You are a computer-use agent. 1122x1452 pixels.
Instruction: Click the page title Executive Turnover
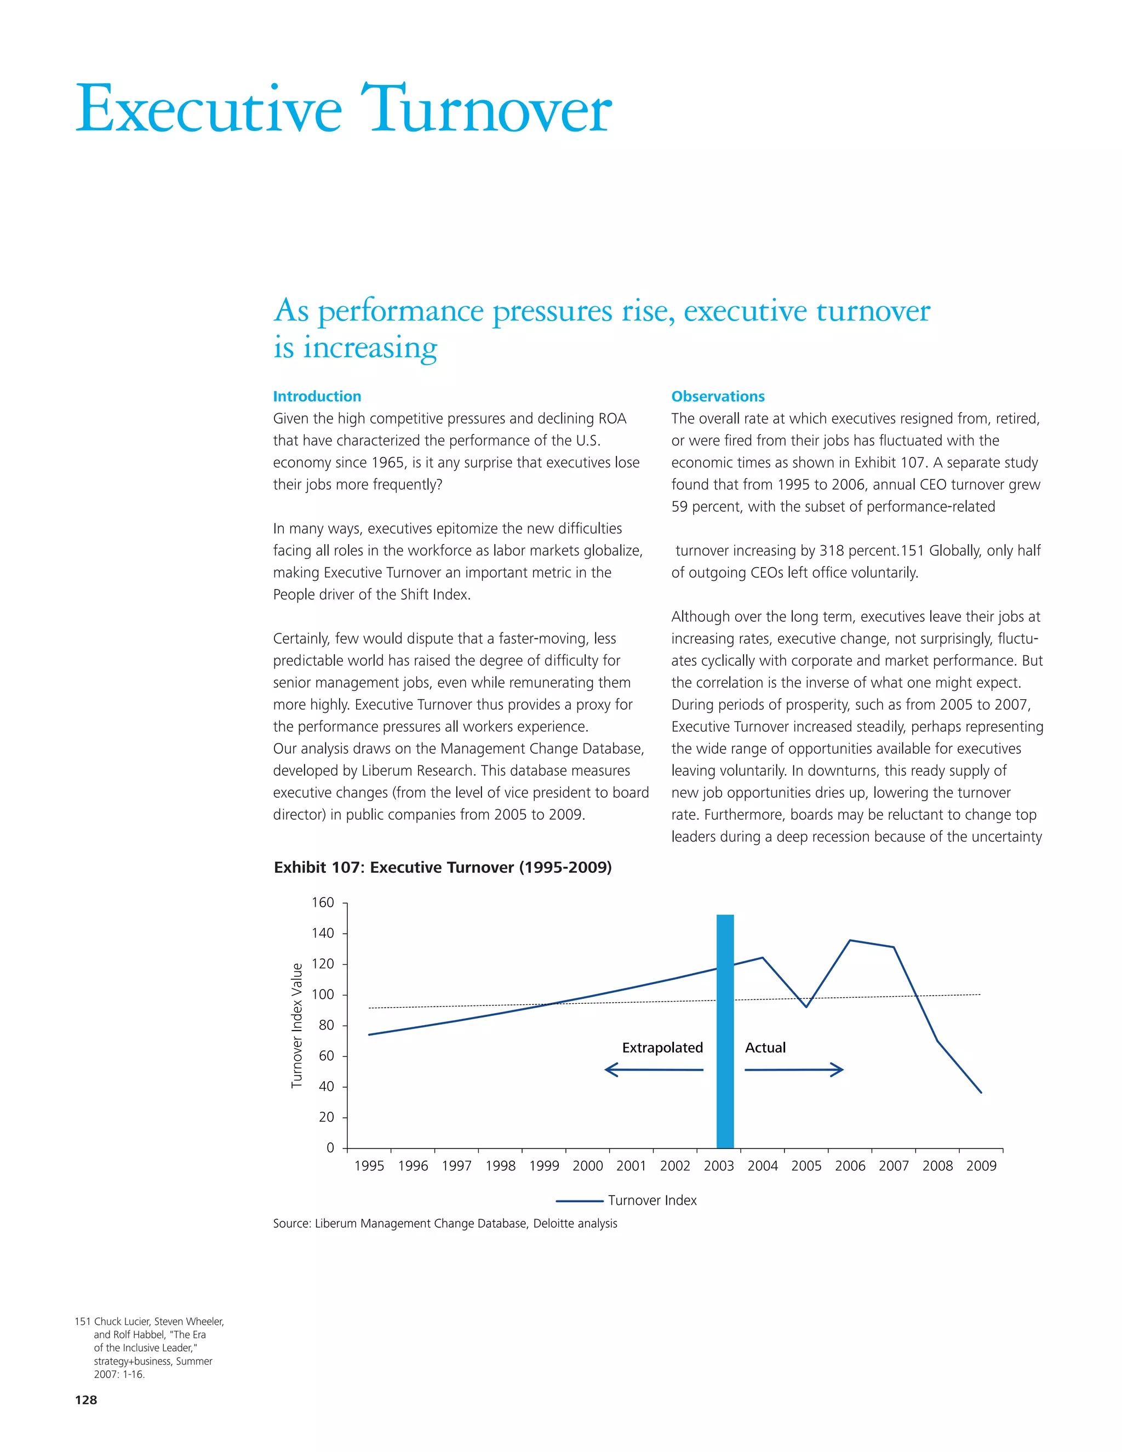pyautogui.click(x=343, y=109)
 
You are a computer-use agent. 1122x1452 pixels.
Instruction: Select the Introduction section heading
pyautogui.click(x=317, y=396)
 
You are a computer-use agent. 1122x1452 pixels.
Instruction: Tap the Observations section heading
pyautogui.click(x=718, y=396)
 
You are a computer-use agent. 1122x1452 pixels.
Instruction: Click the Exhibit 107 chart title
pyautogui.click(x=443, y=867)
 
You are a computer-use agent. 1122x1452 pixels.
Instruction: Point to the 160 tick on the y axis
pyautogui.click(x=323, y=903)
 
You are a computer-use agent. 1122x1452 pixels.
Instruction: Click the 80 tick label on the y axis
pyautogui.click(x=326, y=1025)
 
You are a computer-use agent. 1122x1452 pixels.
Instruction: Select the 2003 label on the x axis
pyautogui.click(x=719, y=1165)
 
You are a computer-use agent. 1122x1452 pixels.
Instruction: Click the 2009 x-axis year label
pyautogui.click(x=981, y=1165)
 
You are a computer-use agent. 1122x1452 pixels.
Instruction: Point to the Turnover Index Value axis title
pyautogui.click(x=296, y=1025)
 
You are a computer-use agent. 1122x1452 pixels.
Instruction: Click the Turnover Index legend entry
pyautogui.click(x=626, y=1200)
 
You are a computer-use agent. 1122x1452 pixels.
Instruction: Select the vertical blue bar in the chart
pyautogui.click(x=725, y=1031)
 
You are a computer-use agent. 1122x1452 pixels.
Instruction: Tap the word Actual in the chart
pyautogui.click(x=765, y=1048)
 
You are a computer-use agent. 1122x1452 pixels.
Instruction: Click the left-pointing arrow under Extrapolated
pyautogui.click(x=654, y=1070)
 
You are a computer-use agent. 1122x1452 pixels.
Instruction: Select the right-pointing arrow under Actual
pyautogui.click(x=794, y=1070)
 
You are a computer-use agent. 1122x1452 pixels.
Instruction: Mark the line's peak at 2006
pyautogui.click(x=850, y=940)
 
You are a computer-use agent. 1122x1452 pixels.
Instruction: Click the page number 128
pyautogui.click(x=86, y=1399)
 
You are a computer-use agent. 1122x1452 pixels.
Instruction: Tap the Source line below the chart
pyautogui.click(x=445, y=1224)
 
